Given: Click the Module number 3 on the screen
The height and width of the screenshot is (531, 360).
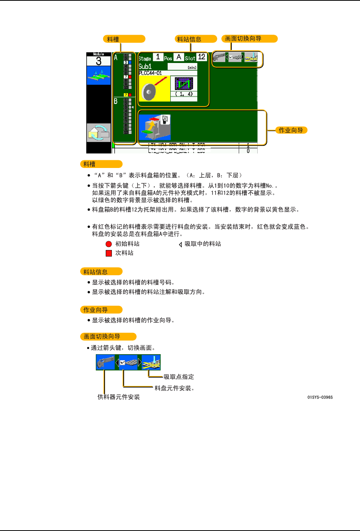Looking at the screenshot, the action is (x=98, y=61).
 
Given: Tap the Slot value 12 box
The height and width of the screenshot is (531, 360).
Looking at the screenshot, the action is (x=202, y=57).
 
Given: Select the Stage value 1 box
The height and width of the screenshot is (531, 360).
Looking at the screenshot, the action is (x=158, y=57).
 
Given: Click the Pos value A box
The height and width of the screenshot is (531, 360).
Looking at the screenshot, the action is (x=179, y=57).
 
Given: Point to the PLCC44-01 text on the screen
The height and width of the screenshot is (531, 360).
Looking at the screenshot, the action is (x=150, y=73).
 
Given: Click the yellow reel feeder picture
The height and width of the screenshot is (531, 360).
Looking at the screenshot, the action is (x=154, y=88).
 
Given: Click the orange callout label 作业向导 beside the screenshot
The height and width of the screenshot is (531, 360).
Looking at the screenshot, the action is (x=291, y=130).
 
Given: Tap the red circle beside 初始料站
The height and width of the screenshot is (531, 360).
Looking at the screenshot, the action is (x=109, y=244).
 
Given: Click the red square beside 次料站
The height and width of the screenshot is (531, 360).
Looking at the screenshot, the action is (x=109, y=253).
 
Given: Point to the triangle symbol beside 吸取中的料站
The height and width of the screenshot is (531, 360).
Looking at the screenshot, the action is (x=180, y=244).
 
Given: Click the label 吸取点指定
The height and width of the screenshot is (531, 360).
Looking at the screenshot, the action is (x=179, y=377).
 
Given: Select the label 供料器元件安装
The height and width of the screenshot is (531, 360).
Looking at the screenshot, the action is (x=119, y=397).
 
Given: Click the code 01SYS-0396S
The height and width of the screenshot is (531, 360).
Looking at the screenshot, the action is (x=320, y=397).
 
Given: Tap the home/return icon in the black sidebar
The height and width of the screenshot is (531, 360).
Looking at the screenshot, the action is (x=98, y=132).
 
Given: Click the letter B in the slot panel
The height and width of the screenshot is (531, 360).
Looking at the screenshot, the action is (x=116, y=102).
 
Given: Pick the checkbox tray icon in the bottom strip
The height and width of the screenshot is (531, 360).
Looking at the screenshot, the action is (x=128, y=362).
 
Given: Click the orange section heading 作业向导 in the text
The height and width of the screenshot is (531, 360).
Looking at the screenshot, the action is (x=96, y=310).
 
